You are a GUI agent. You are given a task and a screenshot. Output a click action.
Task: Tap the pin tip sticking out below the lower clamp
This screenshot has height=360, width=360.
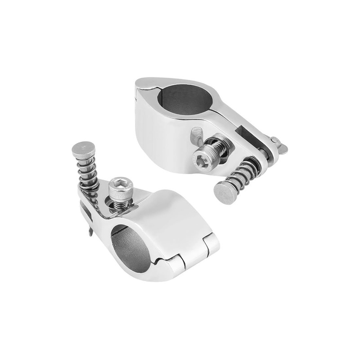click(91, 231)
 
